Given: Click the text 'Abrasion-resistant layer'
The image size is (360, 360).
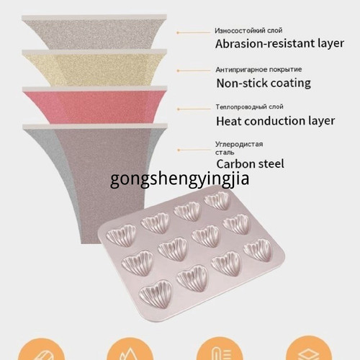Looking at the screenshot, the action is point(279,44).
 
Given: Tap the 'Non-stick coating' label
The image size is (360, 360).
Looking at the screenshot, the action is point(264,84).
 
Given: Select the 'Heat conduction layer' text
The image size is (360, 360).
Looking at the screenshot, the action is point(275,121).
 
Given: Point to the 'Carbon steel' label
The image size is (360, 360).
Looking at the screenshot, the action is point(250,164).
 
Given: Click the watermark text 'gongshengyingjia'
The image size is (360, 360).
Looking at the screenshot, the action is point(179,179).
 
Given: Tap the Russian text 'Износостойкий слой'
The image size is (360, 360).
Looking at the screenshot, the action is point(248,31).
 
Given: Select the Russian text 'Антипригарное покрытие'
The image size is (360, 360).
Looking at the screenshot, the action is point(258,70).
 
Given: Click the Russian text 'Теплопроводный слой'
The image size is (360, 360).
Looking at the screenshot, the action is point(249,107).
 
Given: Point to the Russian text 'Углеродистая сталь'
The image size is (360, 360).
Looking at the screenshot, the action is point(239,148).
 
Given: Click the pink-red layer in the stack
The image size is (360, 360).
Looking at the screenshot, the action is point(95,106).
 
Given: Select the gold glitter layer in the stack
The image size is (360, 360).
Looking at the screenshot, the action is point(94,68).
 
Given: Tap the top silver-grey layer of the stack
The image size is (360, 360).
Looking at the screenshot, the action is point(94,32).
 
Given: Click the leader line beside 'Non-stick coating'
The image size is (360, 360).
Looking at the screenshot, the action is point(194,71).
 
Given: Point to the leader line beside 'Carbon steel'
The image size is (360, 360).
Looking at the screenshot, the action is point(194,150).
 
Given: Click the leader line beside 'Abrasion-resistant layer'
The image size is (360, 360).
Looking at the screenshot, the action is point(194,32).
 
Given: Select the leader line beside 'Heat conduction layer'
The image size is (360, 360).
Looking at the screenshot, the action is point(194,109).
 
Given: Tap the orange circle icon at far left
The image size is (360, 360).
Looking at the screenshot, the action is point(41,349).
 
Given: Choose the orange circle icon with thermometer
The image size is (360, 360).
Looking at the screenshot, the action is point(220,348).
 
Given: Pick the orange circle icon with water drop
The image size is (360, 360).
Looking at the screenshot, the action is point(130,348).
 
